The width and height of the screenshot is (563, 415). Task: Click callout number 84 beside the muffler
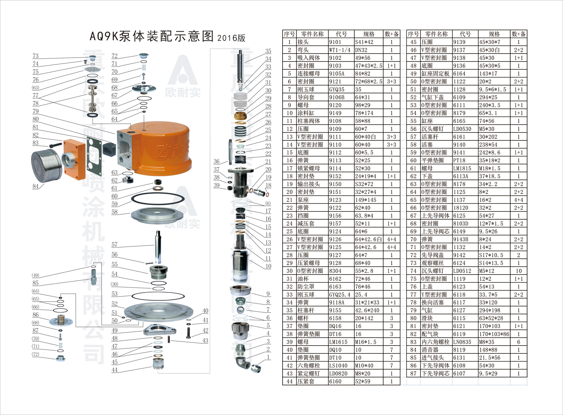(x=36, y=186)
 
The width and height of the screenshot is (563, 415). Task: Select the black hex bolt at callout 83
(x=55, y=145)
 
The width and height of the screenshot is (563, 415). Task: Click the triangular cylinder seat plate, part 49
(x=160, y=329)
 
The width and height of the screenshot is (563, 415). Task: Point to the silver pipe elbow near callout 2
(x=242, y=363)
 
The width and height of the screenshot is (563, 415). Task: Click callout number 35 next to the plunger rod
(x=268, y=51)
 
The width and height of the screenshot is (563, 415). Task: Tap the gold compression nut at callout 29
(x=240, y=116)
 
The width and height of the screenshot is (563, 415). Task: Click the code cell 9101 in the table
(x=335, y=42)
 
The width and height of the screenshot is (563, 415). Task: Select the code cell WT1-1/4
(x=340, y=50)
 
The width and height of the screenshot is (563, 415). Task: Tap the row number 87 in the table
(x=413, y=373)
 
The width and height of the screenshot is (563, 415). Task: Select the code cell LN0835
(x=462, y=342)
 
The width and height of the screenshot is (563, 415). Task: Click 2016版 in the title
(x=231, y=38)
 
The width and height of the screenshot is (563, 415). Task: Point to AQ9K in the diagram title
(x=104, y=36)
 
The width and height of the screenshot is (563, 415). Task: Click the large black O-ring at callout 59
(x=158, y=200)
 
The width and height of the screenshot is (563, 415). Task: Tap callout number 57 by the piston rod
(x=114, y=245)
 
